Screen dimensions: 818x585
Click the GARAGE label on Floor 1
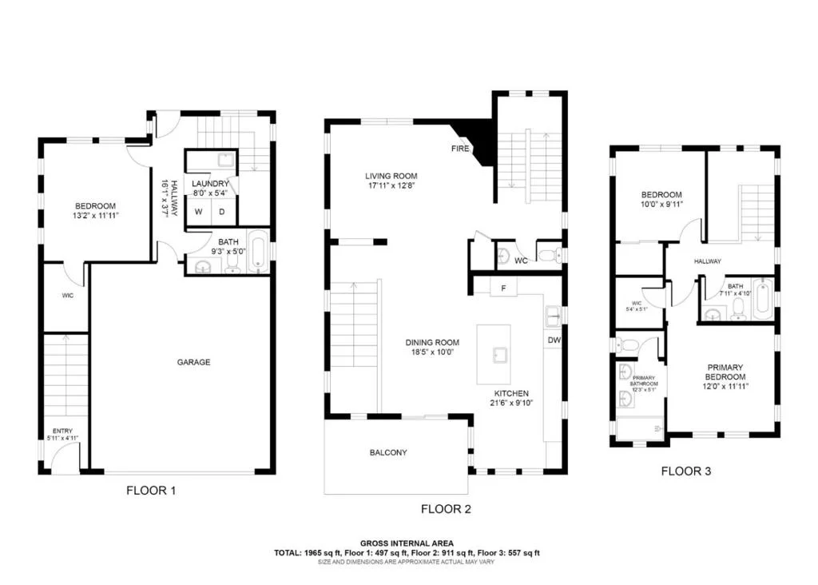point(193,362)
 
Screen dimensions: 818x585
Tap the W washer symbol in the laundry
point(198,212)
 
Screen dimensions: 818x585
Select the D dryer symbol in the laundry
point(222,212)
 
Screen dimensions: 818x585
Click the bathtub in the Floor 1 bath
point(259,251)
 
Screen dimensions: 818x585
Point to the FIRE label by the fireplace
point(460,149)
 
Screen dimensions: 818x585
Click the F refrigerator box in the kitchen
point(503,288)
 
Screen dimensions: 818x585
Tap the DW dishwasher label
point(554,340)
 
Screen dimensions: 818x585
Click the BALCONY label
point(388,452)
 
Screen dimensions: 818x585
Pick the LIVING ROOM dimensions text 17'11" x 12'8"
point(391,185)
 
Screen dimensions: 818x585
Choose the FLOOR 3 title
point(686,472)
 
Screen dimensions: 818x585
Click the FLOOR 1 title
point(151,491)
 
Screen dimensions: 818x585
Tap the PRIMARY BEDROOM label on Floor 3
point(725,372)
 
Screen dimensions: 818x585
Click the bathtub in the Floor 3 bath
point(763,299)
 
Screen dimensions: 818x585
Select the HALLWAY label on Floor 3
point(708,261)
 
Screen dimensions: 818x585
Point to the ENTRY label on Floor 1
point(62,431)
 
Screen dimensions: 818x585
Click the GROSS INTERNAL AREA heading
point(407,543)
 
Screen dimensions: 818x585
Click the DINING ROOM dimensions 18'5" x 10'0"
point(432,352)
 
